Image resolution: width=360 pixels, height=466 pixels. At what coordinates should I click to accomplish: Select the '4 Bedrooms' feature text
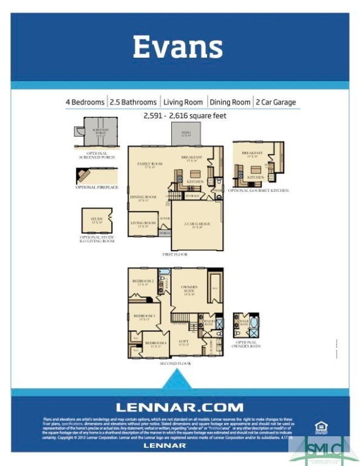pyautogui.click(x=85, y=102)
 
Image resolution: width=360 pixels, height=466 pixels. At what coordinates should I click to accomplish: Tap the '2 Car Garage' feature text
pyautogui.click(x=276, y=102)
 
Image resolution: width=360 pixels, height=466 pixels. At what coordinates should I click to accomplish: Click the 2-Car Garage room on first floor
pyautogui.click(x=197, y=225)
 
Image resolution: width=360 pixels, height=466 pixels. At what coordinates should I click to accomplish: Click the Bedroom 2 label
pyautogui.click(x=143, y=282)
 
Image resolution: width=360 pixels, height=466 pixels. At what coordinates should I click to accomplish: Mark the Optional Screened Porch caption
pyautogui.click(x=93, y=156)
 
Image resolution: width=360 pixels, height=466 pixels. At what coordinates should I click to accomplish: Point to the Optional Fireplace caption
pyautogui.click(x=97, y=187)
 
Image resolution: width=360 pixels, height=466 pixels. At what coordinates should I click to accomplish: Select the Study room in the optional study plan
pyautogui.click(x=97, y=220)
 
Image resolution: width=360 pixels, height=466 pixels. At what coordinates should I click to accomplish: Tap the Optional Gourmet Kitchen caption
pyautogui.click(x=258, y=191)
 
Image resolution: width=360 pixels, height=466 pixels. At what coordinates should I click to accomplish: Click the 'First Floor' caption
pyautogui.click(x=175, y=255)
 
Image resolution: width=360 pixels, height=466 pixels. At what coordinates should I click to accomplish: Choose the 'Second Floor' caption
pyautogui.click(x=175, y=363)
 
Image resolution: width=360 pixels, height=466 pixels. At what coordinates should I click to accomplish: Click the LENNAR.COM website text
pyautogui.click(x=180, y=407)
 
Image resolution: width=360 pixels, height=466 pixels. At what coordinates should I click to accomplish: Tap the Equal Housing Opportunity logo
pyautogui.click(x=321, y=427)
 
